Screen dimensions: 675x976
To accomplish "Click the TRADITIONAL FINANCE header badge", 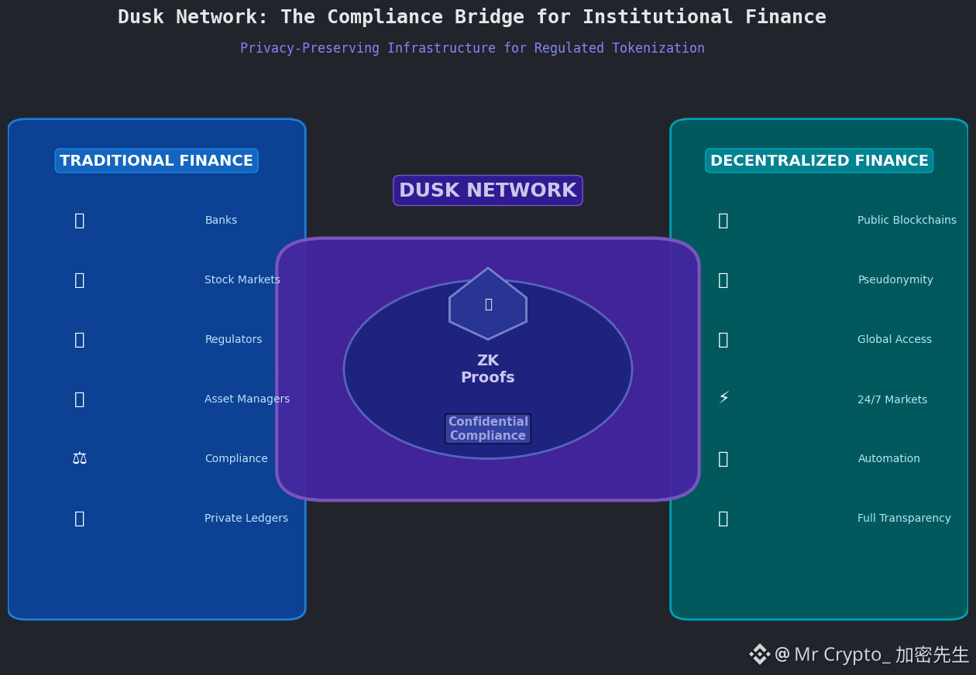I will tap(156, 161).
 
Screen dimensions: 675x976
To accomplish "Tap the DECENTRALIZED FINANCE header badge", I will tap(819, 161).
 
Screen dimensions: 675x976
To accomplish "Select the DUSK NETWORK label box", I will tap(488, 190).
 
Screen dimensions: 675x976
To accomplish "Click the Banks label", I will tap(221, 221).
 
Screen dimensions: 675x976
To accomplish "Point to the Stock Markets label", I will tap(242, 280).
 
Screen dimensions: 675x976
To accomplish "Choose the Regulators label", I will tap(233, 340).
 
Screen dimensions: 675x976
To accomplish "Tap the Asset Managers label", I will tap(247, 399).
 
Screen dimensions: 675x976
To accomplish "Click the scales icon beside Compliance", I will tap(80, 458).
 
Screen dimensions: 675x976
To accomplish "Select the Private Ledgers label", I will tap(246, 519).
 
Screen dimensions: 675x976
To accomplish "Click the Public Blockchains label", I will tap(906, 221).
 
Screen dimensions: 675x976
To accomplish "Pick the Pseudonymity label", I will tap(895, 280).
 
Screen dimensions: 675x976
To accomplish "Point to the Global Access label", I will tap(895, 340).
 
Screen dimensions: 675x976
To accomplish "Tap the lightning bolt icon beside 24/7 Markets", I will tap(723, 399).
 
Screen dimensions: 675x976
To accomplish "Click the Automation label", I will tap(888, 459).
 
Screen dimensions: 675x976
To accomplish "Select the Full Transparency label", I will tap(904, 519).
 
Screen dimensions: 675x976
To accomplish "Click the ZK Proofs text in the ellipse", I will tap(488, 369).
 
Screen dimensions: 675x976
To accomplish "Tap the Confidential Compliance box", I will tap(488, 429).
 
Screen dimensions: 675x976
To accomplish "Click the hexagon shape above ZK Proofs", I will tap(488, 304).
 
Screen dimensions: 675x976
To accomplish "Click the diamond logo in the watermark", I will tap(759, 654).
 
